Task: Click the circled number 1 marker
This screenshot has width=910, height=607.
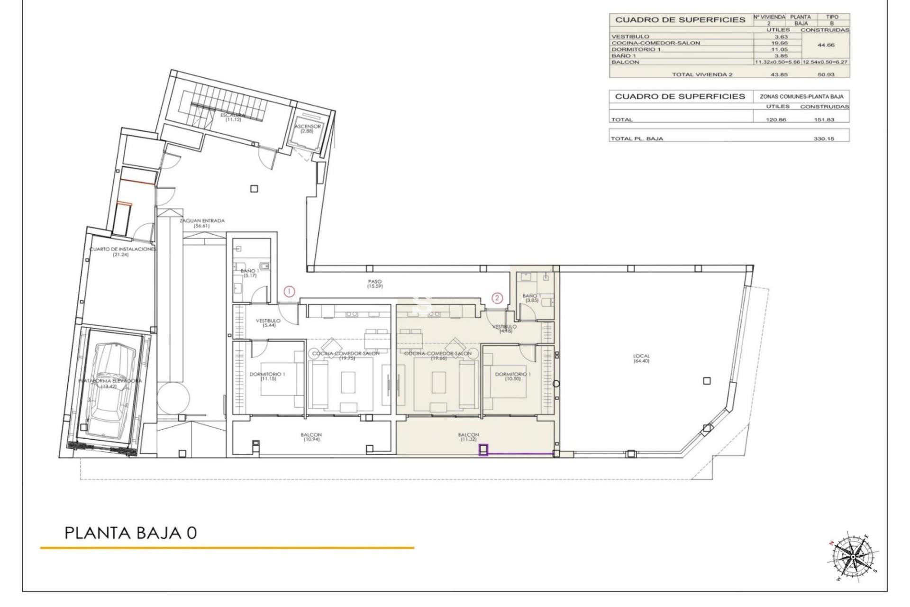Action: (x=289, y=292)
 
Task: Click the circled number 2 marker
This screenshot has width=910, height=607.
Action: (x=497, y=298)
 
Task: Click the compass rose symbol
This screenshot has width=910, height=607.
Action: (x=852, y=556)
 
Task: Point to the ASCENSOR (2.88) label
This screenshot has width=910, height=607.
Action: (x=308, y=129)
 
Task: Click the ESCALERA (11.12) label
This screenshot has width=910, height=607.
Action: (x=233, y=117)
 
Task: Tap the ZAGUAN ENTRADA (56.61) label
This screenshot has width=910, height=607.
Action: (x=202, y=223)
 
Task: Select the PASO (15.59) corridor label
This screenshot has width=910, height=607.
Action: (x=374, y=284)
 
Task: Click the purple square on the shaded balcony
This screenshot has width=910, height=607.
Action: (x=483, y=450)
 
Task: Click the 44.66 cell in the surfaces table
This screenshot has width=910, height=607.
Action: (x=826, y=46)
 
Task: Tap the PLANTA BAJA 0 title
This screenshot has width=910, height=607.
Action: (x=130, y=533)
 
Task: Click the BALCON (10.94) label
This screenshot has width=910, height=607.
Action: (x=311, y=437)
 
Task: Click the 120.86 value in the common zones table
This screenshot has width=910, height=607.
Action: (x=776, y=120)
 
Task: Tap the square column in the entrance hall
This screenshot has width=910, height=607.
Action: (x=254, y=189)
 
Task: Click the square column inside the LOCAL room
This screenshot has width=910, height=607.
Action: (x=707, y=380)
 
